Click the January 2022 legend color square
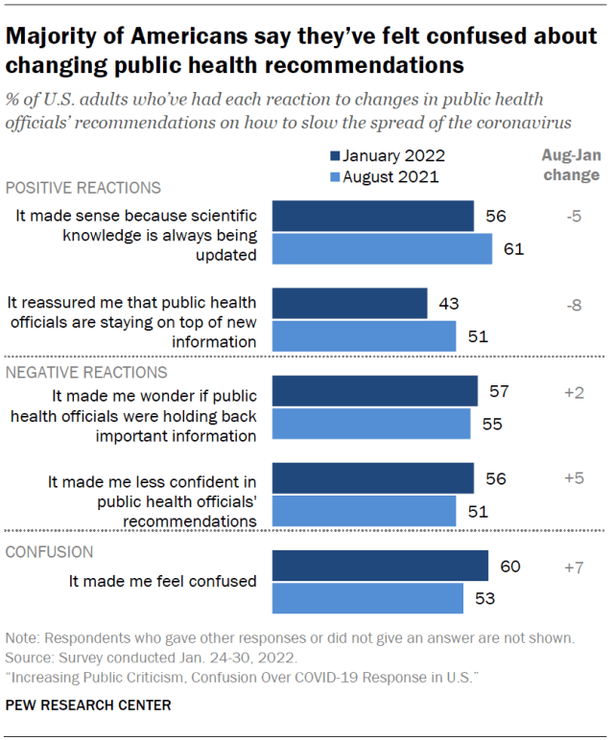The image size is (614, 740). [335, 156]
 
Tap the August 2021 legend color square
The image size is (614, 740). [335, 176]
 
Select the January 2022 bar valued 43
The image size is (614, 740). [350, 304]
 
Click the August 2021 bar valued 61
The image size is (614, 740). [383, 249]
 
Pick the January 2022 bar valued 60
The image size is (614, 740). [381, 567]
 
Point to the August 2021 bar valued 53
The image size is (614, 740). [368, 598]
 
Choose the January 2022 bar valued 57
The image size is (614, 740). [375, 391]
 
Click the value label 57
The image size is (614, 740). [498, 391]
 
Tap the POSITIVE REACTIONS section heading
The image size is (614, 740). [83, 188]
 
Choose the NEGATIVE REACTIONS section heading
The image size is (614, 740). [86, 372]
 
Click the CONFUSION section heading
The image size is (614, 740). [50, 552]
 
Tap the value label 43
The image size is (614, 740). [448, 304]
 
